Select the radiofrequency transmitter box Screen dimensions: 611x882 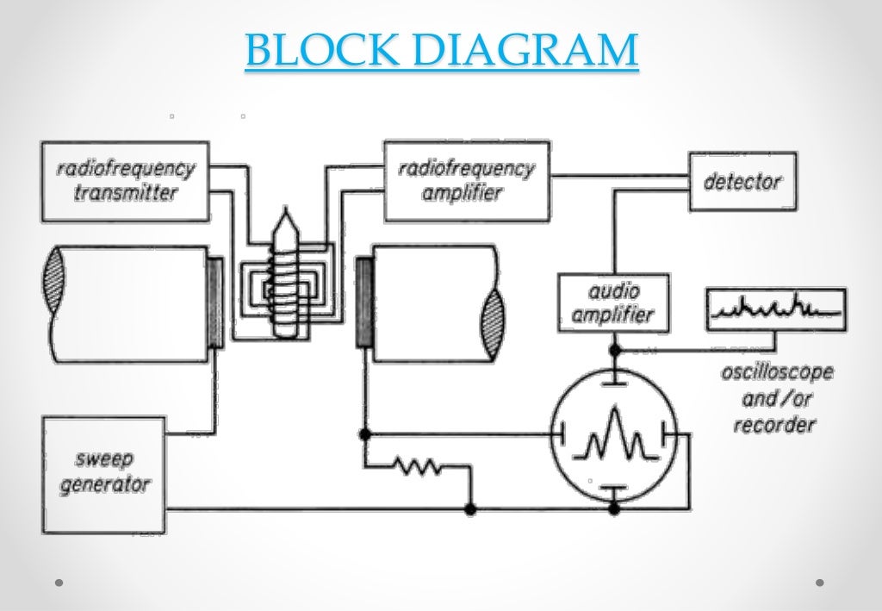(x=125, y=181)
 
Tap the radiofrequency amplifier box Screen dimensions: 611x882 (x=466, y=181)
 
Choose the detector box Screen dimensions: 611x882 (x=742, y=182)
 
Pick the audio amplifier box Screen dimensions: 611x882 (x=613, y=302)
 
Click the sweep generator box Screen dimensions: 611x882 (x=103, y=474)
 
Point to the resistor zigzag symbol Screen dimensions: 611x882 (x=418, y=466)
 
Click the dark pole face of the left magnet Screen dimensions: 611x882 (x=214, y=302)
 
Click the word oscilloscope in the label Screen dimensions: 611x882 (x=777, y=374)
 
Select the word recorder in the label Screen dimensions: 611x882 (x=774, y=425)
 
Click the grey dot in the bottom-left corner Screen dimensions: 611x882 (x=59, y=583)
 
